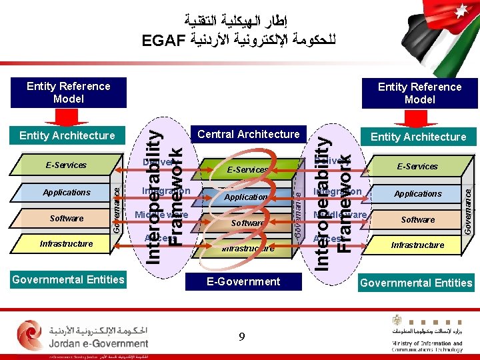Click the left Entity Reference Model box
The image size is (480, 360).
(x=68, y=93)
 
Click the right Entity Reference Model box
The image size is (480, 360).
(x=419, y=93)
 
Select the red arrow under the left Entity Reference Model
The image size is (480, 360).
(x=66, y=117)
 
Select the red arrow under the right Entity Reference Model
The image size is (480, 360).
(x=419, y=118)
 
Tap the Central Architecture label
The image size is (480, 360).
(x=249, y=134)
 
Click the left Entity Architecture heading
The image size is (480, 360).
(x=67, y=135)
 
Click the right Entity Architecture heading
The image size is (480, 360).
(x=418, y=137)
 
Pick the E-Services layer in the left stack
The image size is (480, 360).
(x=66, y=165)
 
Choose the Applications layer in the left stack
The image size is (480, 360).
(x=66, y=193)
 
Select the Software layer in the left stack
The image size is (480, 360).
(x=66, y=219)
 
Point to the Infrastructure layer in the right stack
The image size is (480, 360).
(x=417, y=245)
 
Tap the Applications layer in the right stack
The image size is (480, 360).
(x=417, y=194)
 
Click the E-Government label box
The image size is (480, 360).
(x=243, y=281)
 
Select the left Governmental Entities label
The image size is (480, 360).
(x=68, y=279)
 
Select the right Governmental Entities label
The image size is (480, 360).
(x=416, y=283)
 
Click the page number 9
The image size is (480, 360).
(x=241, y=337)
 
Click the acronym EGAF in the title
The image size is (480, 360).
(x=163, y=41)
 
